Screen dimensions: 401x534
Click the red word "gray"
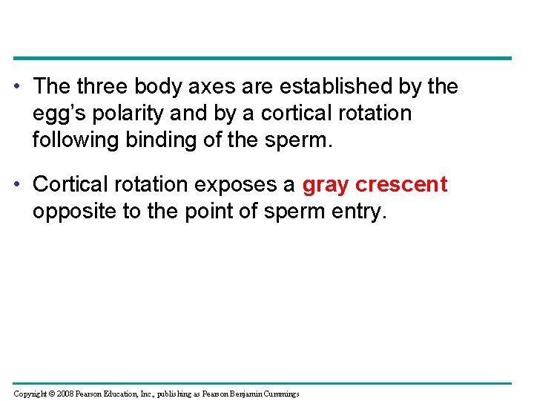(x=326, y=185)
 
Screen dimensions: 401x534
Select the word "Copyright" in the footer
(x=30, y=394)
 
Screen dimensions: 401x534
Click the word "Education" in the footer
(x=123, y=394)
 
